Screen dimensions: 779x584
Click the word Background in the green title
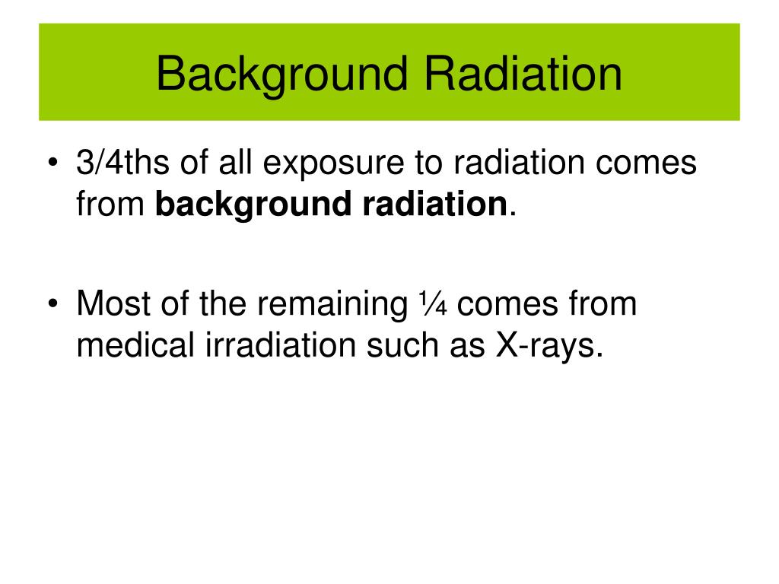coord(282,75)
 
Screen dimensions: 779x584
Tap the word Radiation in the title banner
coord(523,74)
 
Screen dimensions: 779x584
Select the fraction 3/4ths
coord(122,162)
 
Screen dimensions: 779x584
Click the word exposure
coord(333,165)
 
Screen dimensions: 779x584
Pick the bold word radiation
coord(434,204)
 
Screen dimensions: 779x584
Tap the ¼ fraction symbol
coord(433,303)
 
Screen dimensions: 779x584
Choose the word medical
coord(135,344)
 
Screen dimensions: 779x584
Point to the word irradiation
coord(281,344)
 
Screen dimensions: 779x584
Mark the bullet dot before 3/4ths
coord(53,163)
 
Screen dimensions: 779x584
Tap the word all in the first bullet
coord(235,162)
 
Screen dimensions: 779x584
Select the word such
coord(402,344)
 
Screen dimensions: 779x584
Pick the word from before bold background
coord(110,204)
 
